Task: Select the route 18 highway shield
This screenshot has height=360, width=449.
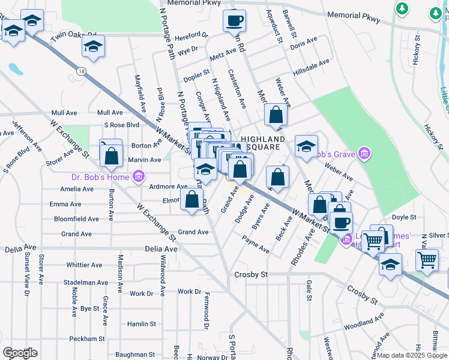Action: point(81,71)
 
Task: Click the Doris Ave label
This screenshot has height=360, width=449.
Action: point(303,43)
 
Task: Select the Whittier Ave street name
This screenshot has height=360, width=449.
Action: point(86,265)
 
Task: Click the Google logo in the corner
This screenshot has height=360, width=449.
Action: point(20,352)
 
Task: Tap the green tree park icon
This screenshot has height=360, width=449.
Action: point(402,8)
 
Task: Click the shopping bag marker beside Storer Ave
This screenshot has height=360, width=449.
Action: point(112,157)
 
